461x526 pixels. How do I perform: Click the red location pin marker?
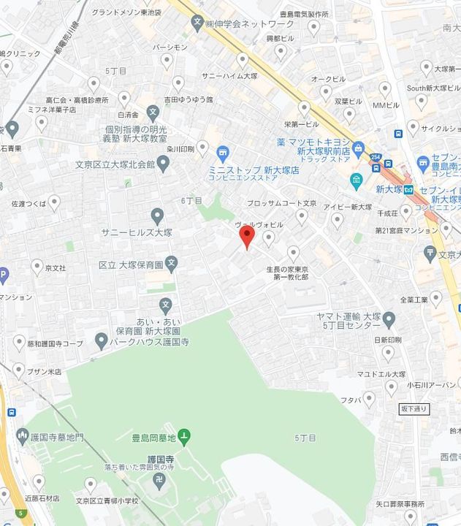click(x=247, y=237)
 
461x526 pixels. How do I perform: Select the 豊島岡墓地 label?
click(x=153, y=438)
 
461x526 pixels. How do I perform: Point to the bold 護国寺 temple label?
click(x=160, y=460)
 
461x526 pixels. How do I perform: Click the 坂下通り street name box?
click(x=414, y=408)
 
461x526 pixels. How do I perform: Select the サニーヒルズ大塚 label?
click(x=137, y=232)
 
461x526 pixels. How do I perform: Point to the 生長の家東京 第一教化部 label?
click(x=294, y=275)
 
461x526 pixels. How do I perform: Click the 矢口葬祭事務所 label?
click(x=400, y=504)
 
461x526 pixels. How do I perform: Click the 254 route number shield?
click(x=375, y=158)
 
